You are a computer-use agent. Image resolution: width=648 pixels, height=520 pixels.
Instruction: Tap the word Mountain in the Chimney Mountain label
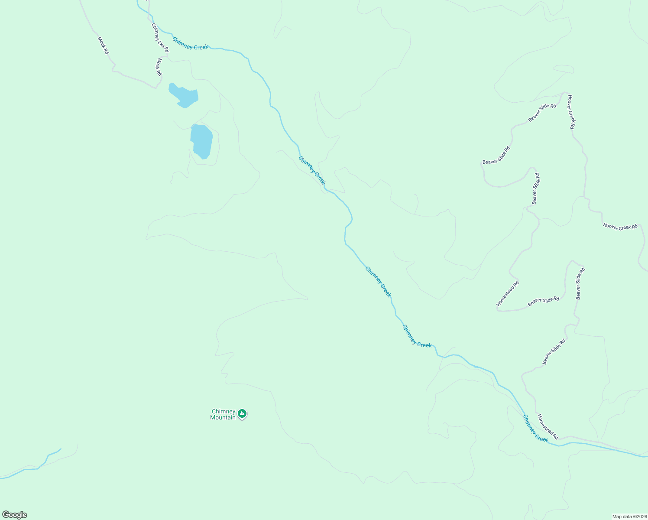coord(223,418)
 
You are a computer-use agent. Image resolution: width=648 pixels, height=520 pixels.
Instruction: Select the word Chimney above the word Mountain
coord(224,412)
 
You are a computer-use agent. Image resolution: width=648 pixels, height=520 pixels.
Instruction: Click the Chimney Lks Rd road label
coord(160,38)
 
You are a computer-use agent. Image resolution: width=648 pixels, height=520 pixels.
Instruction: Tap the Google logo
coord(14,515)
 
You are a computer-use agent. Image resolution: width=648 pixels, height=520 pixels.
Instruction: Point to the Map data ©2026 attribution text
coord(629,517)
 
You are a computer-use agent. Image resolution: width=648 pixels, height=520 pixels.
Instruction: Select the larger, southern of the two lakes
coord(202,141)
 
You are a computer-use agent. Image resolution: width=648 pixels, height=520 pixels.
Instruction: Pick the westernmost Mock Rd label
coord(103,45)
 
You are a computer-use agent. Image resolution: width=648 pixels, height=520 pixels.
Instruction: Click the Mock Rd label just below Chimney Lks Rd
coord(159,67)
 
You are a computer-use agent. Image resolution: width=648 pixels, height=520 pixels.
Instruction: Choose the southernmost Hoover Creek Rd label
coord(620,227)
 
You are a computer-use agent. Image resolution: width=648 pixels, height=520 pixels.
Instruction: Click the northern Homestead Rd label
coord(508,294)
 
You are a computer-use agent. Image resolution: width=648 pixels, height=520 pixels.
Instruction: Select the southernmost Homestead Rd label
coord(548,427)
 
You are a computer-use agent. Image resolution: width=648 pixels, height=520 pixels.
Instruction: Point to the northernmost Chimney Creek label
coord(190,44)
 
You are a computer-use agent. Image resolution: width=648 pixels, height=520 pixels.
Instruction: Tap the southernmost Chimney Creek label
coord(535,429)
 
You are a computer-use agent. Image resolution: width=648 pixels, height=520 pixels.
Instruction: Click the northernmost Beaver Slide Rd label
coord(542,113)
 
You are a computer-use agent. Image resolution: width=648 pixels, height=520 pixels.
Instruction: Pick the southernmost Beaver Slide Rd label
coord(554,352)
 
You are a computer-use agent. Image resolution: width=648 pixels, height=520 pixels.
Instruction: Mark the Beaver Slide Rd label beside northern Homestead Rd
coord(543,302)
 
